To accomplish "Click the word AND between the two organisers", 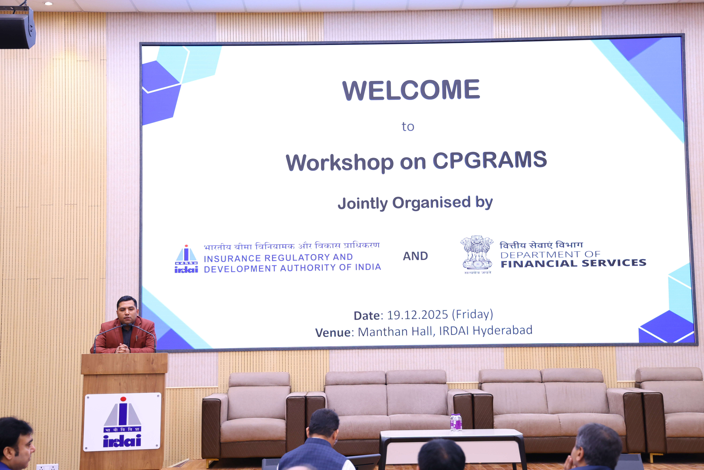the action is click(415, 256).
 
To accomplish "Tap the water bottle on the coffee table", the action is click(456, 422).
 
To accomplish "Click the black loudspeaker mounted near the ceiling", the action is click(17, 29).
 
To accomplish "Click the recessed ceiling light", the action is click(48, 4).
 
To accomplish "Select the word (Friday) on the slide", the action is click(472, 314).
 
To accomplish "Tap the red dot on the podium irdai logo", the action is click(123, 399).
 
